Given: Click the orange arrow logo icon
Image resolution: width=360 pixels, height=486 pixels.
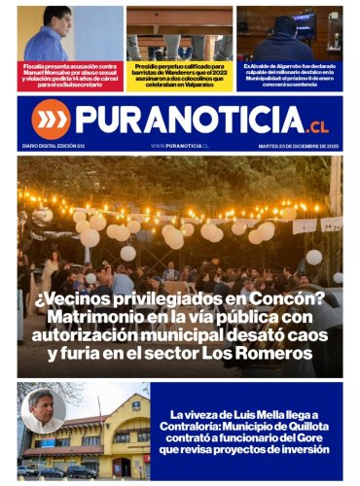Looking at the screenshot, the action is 51,120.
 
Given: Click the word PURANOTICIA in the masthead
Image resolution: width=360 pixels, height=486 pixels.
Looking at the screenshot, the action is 190,120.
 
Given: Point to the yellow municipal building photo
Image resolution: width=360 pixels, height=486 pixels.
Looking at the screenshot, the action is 97,442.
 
